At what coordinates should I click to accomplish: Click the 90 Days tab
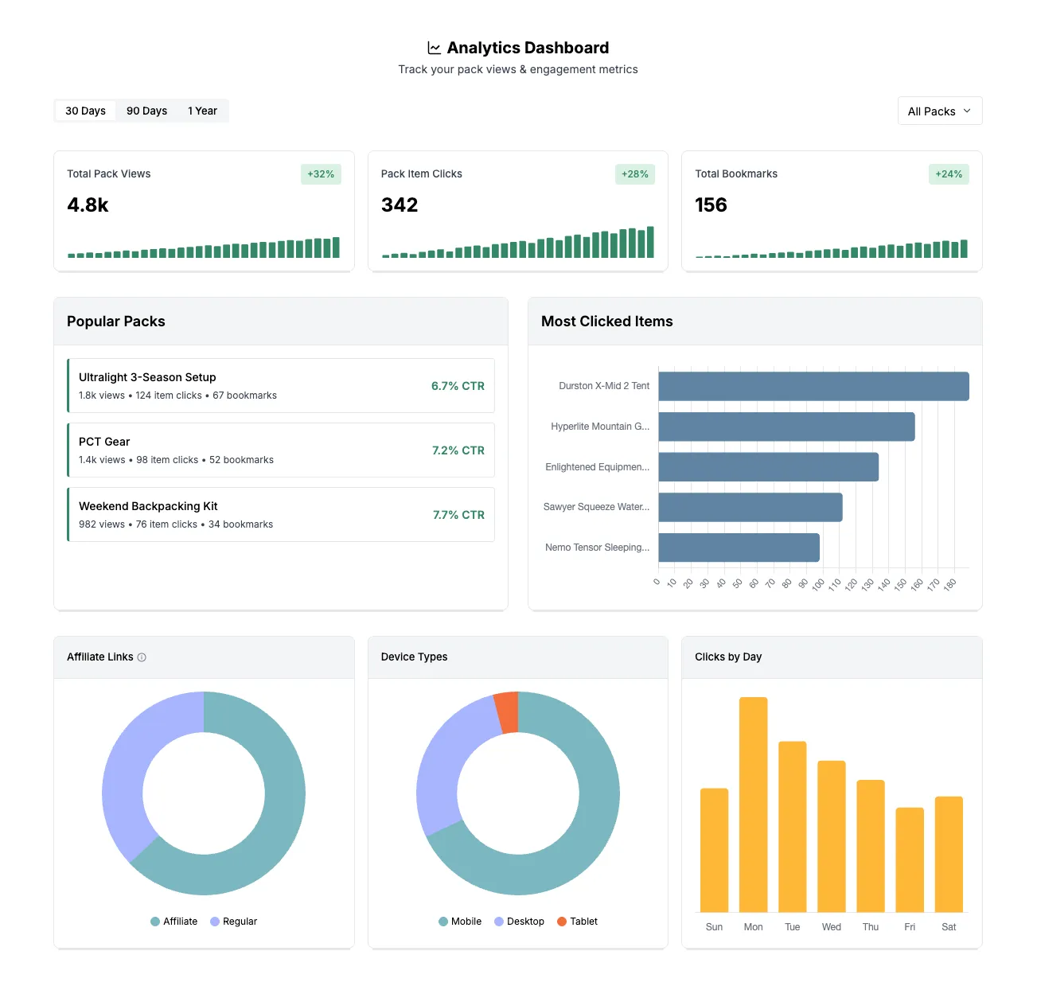146,111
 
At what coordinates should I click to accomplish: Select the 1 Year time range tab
202,111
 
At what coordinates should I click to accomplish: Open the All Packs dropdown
939,111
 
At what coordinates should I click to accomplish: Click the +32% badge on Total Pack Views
321,174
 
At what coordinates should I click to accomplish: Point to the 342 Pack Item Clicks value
400,205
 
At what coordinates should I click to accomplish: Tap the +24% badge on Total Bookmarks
948,174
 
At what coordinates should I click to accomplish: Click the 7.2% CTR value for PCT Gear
458,450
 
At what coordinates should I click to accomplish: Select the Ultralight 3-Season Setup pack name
147,377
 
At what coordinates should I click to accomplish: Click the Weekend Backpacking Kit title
148,506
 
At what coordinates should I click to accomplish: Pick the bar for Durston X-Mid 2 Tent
813,386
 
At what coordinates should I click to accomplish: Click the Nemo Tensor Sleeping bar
739,548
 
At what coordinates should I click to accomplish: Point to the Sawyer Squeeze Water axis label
596,507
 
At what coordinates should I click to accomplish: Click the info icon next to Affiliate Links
142,657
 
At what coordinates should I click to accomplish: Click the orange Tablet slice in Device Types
507,711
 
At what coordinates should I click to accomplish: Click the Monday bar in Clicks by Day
753,804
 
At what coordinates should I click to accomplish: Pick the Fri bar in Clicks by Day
910,859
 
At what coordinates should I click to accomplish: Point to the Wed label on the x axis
831,927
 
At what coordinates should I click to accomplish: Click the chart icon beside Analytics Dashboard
434,48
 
